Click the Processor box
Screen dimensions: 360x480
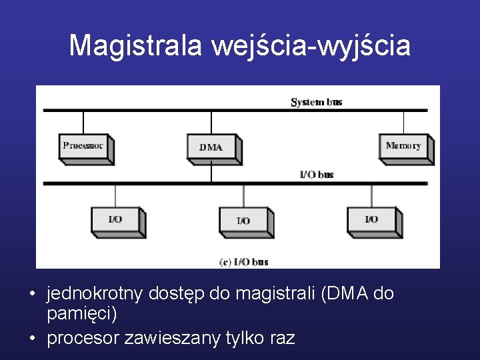[x=84, y=147]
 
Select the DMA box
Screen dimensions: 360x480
[x=211, y=147]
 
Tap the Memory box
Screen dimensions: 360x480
[x=403, y=147]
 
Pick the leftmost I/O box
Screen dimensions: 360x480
[x=115, y=219]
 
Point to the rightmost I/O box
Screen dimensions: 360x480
[x=371, y=219]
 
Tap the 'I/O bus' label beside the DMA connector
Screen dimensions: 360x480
[x=316, y=175]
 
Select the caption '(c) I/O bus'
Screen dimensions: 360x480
[x=243, y=262]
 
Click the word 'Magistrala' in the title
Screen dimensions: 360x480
[x=136, y=46]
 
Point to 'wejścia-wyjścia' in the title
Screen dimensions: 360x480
[x=311, y=46]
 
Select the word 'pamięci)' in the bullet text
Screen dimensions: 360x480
[x=82, y=313]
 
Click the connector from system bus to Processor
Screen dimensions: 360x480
[x=83, y=122]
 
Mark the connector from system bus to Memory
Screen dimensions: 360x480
[x=403, y=122]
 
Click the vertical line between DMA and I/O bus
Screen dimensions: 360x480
[x=211, y=173]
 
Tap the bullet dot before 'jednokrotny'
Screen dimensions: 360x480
[x=31, y=294]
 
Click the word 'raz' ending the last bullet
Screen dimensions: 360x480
[x=280, y=338]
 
